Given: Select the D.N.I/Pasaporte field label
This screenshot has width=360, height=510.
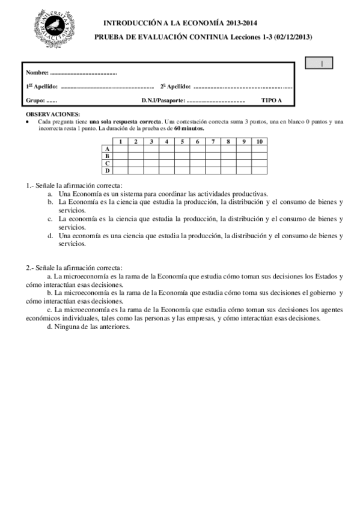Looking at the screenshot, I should [163, 101].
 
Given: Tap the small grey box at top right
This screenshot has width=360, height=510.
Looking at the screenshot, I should [319, 63].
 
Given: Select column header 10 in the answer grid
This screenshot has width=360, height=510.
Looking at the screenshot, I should [259, 141].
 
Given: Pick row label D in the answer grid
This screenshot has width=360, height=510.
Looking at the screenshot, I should [107, 170].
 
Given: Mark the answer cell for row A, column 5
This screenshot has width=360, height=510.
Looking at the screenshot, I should [182, 149].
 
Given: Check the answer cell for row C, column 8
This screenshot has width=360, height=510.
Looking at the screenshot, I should [228, 163].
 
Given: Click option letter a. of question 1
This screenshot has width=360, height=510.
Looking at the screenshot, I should [50, 194].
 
